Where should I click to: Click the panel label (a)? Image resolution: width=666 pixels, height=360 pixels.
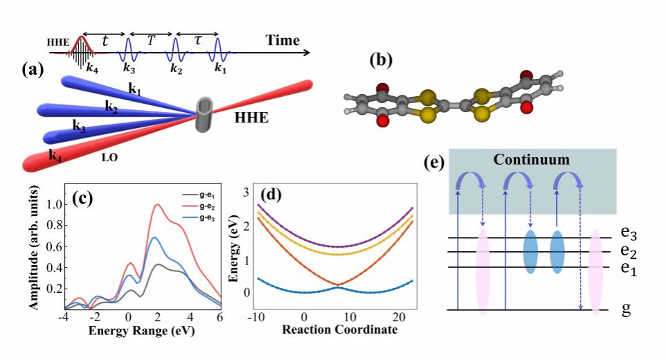point(35,69)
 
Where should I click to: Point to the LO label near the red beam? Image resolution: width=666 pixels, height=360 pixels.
point(108,158)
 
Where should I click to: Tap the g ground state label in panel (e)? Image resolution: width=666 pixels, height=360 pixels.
point(626,309)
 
